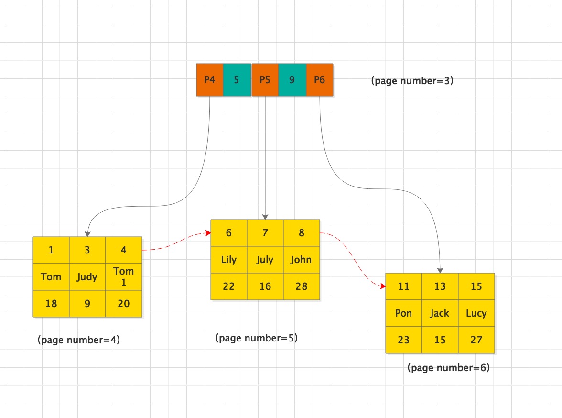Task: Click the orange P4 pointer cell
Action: pos(210,80)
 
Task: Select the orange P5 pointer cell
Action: pos(265,80)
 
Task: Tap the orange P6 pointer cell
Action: pos(320,80)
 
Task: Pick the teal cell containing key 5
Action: pos(237,80)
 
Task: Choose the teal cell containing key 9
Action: pos(292,80)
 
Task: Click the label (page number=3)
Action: pos(412,81)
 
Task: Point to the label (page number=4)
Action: pos(78,340)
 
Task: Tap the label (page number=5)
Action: pos(256,338)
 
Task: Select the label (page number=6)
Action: pos(448,367)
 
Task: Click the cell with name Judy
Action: pos(87,277)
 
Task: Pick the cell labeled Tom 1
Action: pos(124,277)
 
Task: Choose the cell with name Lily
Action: pos(228,260)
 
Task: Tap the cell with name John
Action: pos(302,260)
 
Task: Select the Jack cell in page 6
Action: pos(440,313)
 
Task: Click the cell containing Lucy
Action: pos(476,313)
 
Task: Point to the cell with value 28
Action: pos(302,286)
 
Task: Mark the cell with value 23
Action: pos(403,340)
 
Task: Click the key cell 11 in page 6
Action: pos(403,286)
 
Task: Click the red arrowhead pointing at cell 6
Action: pos(208,233)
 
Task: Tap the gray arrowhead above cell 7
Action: pos(265,217)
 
